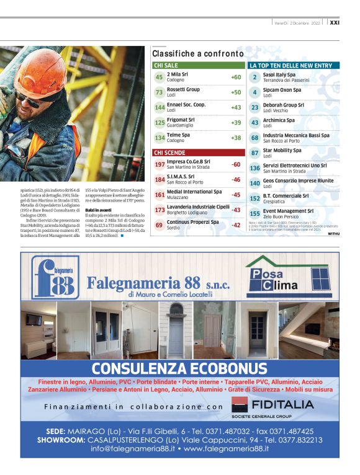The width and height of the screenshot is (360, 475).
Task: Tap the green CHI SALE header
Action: click(x=166, y=65)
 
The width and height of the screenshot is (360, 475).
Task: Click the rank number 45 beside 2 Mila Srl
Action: click(x=160, y=78)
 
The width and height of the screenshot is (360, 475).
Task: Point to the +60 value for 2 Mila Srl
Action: click(x=236, y=78)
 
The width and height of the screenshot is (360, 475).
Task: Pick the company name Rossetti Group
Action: click(x=183, y=89)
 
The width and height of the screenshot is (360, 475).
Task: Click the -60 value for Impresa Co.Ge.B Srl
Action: click(x=236, y=164)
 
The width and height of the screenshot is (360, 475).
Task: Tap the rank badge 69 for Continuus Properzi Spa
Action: click(x=160, y=224)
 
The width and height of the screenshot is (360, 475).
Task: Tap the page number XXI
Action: click(x=335, y=22)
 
